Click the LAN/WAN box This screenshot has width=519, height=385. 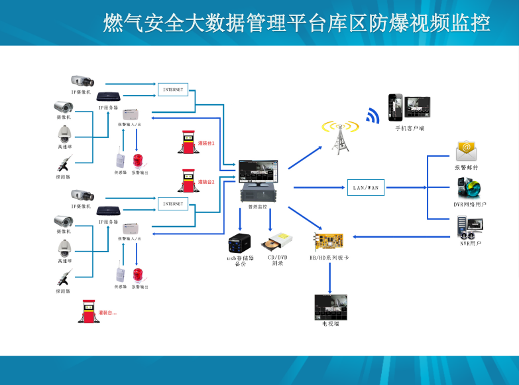tap(365, 187)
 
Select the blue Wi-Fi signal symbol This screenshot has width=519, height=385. tap(373, 116)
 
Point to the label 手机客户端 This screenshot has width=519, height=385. tap(410, 128)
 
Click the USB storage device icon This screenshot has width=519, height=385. tap(239, 242)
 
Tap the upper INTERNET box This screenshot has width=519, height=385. tap(173, 89)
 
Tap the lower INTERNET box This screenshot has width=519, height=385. tap(173, 204)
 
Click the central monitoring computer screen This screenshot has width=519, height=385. tap(259, 171)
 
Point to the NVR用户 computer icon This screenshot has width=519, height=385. tap(469, 227)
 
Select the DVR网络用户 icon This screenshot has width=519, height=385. tap(469, 189)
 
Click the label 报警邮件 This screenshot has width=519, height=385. tap(466, 167)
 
